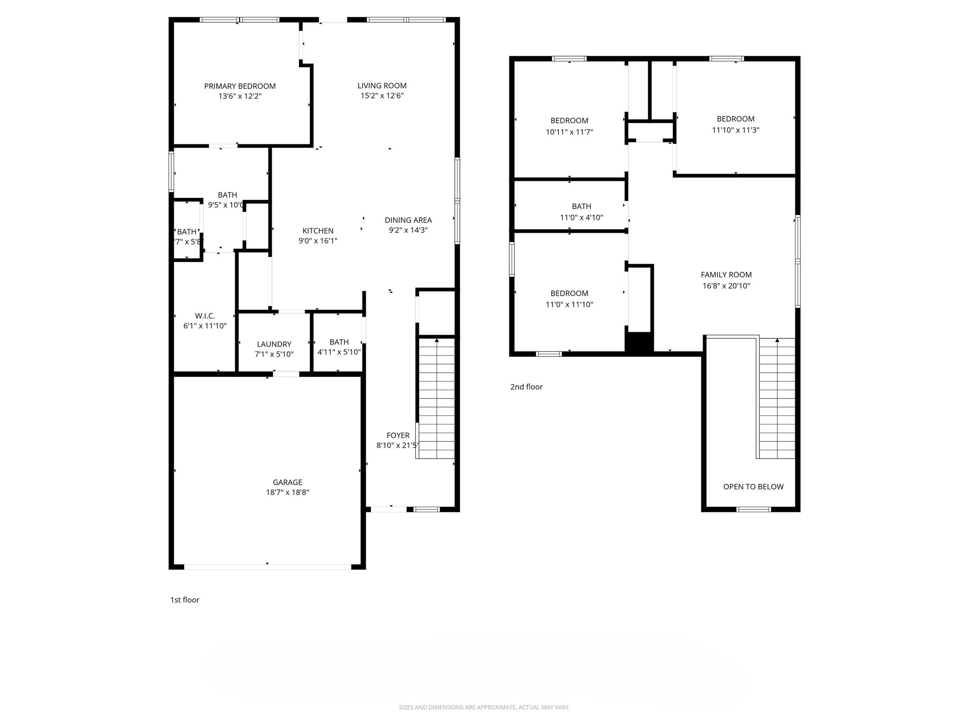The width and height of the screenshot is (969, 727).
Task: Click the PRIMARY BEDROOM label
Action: pyautogui.click(x=240, y=86)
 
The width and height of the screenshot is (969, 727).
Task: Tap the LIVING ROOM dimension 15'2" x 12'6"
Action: pyautogui.click(x=382, y=96)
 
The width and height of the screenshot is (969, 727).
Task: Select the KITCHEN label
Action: pyautogui.click(x=318, y=231)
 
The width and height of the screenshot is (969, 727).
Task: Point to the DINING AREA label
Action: pyautogui.click(x=408, y=220)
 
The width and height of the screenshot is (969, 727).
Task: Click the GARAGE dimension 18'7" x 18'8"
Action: pyautogui.click(x=287, y=492)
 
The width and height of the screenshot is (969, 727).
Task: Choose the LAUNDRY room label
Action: pyautogui.click(x=274, y=344)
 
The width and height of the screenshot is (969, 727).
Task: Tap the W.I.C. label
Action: pyautogui.click(x=205, y=316)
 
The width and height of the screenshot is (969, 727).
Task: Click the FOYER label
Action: pyautogui.click(x=398, y=435)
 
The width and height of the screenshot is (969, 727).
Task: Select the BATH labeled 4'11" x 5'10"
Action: pyautogui.click(x=339, y=347)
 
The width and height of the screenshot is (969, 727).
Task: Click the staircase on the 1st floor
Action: pyautogui.click(x=436, y=398)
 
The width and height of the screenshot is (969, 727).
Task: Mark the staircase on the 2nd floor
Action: pyautogui.click(x=777, y=398)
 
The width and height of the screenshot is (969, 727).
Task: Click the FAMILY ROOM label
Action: pyautogui.click(x=726, y=275)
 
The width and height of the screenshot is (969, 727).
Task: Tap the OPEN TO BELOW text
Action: pyautogui.click(x=753, y=487)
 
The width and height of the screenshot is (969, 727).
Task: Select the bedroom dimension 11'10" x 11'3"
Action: pyautogui.click(x=735, y=130)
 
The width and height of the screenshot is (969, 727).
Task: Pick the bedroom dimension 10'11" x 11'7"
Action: pyautogui.click(x=569, y=132)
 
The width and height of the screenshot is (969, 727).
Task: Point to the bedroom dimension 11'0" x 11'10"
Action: pyautogui.click(x=569, y=305)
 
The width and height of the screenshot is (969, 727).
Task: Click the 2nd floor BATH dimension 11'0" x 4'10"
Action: pyautogui.click(x=581, y=218)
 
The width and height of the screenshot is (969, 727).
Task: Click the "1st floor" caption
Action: pyautogui.click(x=185, y=600)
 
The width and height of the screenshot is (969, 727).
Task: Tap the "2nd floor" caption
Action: pyautogui.click(x=526, y=387)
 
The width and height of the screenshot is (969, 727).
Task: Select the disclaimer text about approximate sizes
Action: pyautogui.click(x=484, y=707)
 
